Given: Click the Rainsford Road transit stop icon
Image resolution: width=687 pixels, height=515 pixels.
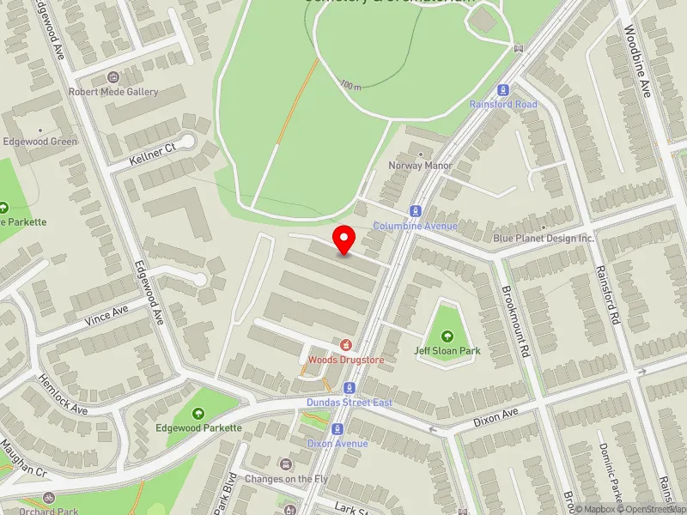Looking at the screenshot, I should coord(503,89).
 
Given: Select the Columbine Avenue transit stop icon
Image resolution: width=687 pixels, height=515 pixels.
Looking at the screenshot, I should coord(416,210).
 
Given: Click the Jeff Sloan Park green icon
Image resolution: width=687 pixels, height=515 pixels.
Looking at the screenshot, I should coord(447,336).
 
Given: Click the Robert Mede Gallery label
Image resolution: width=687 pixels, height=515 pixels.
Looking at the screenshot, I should coord(114,92).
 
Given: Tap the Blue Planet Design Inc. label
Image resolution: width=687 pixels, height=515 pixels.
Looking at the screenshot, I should coord(544,238).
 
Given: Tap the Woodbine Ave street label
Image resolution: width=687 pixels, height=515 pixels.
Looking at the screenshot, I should coord(640,51).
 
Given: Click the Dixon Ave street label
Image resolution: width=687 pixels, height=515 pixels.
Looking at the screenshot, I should coord(497,418).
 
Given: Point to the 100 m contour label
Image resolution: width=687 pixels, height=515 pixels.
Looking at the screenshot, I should coord(350,85).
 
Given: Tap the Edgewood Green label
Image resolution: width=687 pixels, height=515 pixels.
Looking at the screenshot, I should coord(40,142).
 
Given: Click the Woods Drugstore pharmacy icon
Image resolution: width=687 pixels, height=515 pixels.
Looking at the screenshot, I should coord(346,344).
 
